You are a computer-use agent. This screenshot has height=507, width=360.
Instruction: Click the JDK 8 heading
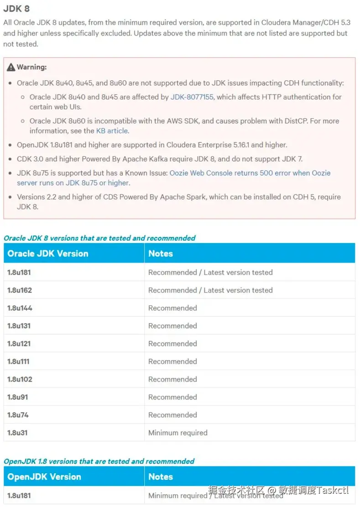(17, 9)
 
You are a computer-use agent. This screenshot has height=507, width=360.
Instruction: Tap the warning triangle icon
(11, 67)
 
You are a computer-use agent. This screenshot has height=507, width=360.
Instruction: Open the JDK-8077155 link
(192, 97)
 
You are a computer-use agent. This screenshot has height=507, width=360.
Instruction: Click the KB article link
(112, 131)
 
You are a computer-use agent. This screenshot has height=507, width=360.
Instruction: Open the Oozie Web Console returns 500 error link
(250, 173)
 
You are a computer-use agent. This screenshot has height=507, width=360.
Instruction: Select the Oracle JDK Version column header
(48, 253)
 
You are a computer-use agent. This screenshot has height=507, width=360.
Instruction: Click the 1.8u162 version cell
(20, 290)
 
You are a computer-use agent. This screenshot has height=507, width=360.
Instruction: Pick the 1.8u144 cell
(20, 308)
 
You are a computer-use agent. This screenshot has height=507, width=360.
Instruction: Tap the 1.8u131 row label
(19, 326)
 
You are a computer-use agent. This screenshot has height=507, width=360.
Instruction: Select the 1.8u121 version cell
(19, 344)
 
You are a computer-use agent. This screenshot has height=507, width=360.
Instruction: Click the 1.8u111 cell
(19, 362)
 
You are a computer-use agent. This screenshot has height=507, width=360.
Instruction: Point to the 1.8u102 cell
(20, 379)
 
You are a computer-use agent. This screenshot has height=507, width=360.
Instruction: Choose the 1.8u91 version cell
(17, 397)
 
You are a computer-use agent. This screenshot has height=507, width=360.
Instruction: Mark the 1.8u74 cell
(18, 415)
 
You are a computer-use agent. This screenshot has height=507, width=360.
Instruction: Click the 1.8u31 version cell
(17, 433)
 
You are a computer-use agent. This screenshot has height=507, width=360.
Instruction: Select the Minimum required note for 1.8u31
(178, 433)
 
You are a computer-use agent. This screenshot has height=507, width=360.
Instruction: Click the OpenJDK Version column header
(44, 477)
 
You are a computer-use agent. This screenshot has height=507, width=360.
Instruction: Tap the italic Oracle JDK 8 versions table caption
(99, 238)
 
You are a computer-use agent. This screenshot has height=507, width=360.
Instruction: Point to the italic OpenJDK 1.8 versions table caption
(99, 461)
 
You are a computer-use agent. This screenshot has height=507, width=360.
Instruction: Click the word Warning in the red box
(31, 67)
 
